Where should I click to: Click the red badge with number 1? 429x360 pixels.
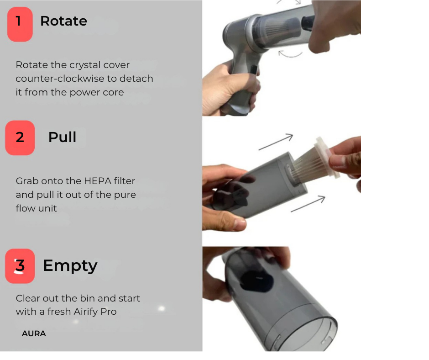(20, 24)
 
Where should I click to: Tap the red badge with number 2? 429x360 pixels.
(20, 138)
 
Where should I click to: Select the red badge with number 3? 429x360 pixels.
(20, 266)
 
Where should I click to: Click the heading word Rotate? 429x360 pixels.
(63, 21)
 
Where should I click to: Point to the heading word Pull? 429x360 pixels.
(63, 137)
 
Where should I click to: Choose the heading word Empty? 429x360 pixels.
(70, 265)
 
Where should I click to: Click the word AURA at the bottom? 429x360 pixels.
(34, 334)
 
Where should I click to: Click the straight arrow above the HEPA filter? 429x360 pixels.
(276, 142)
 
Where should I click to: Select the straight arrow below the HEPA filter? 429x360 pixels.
(308, 204)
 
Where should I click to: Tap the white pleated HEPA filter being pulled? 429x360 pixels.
(314, 160)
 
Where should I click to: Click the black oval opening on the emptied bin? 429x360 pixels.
(256, 281)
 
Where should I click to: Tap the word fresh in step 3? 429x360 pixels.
(59, 312)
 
